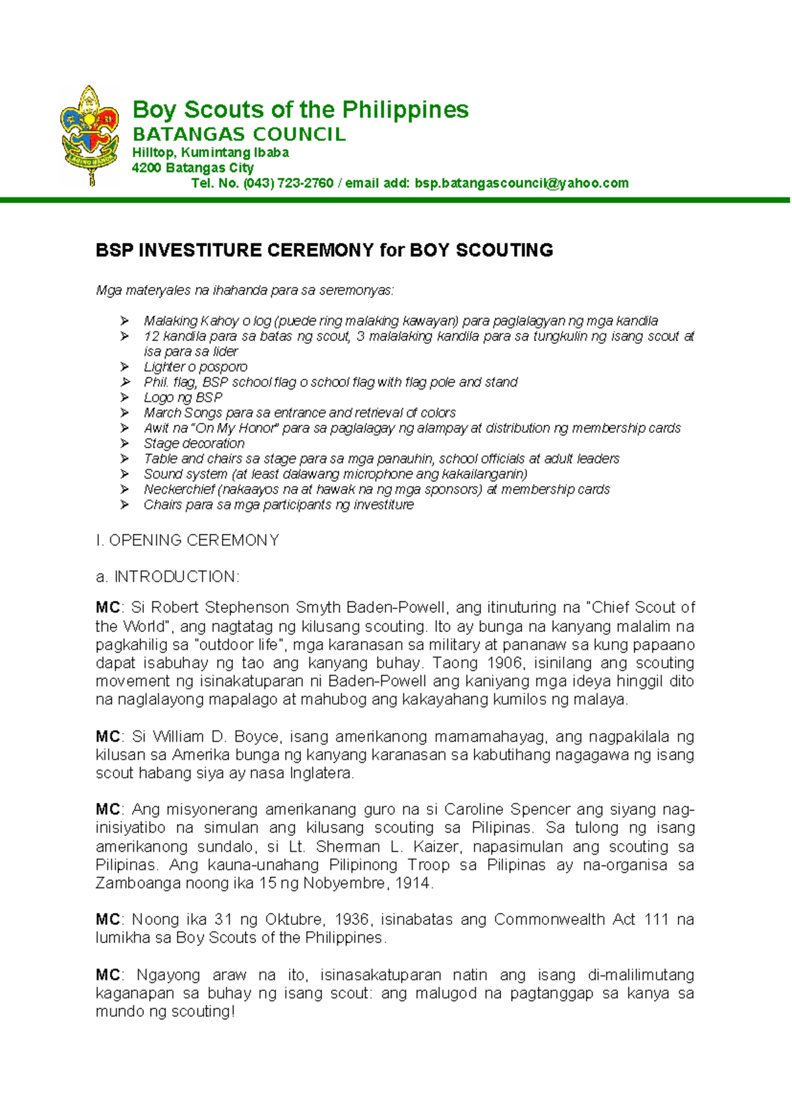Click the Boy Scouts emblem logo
[90, 135]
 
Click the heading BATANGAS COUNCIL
[239, 135]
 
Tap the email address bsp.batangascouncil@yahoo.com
[521, 183]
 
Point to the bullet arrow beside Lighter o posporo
[125, 367]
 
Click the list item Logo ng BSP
[183, 397]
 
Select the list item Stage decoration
[194, 443]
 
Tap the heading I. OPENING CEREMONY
[187, 540]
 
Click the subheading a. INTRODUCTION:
[168, 577]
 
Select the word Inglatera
[321, 773]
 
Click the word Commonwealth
[549, 920]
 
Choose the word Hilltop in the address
[151, 152]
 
